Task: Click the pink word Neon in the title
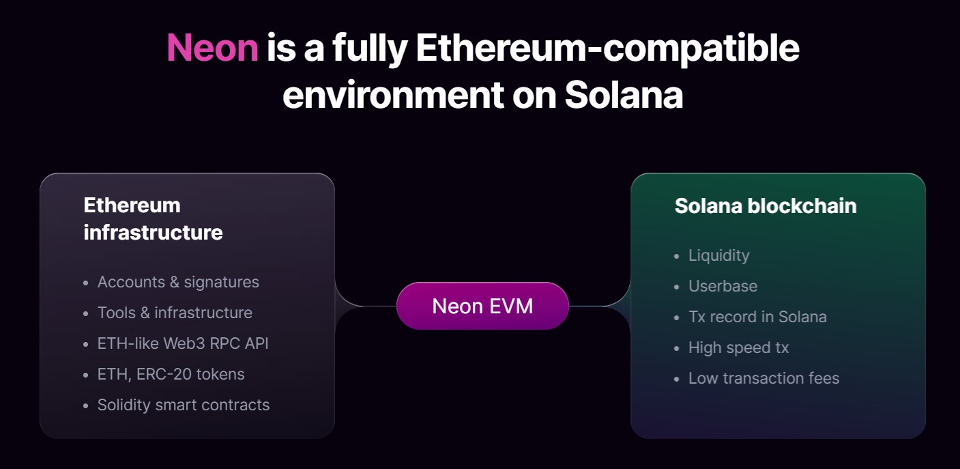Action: point(212,48)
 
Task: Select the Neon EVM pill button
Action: point(482,306)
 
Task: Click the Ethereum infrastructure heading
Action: point(153,218)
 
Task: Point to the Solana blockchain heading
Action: point(765,205)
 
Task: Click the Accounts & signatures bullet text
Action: point(178,282)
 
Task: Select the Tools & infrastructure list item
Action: point(175,313)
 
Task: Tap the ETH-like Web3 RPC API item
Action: point(183,343)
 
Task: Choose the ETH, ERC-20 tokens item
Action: point(171,374)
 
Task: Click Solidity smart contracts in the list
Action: point(184,405)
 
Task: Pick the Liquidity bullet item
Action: point(718,255)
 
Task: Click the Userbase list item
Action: point(723,286)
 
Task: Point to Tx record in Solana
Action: point(757,317)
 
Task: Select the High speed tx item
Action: point(738,347)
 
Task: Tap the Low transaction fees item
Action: point(763,378)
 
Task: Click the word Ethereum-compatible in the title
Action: point(607,48)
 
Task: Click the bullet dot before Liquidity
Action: point(676,257)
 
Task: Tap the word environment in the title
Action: point(388,95)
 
